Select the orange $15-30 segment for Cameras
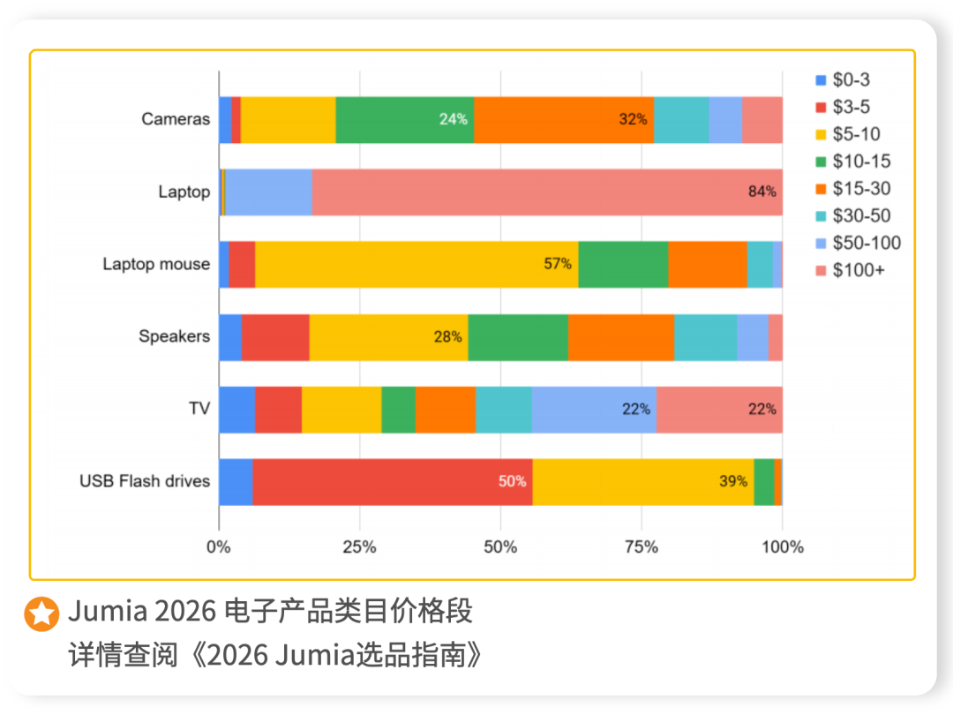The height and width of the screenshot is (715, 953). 564,119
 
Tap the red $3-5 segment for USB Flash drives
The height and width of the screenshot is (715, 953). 392,482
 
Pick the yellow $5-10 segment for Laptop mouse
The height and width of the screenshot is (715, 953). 416,264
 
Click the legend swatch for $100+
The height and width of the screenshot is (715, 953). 821,270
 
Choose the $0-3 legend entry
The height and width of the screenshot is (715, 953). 842,79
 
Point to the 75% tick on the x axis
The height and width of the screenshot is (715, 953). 642,547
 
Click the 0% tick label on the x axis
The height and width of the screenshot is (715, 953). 219,547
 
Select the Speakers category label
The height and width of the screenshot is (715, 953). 174,336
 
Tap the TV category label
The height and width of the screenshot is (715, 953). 199,409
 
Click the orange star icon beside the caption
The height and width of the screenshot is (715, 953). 41,613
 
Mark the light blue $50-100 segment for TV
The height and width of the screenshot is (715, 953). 594,410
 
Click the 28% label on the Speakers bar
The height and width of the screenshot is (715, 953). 448,336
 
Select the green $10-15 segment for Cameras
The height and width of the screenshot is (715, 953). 405,119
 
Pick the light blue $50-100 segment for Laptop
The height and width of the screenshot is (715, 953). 268,192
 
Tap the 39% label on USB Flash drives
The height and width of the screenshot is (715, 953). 733,482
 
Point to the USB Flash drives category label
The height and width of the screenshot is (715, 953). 145,481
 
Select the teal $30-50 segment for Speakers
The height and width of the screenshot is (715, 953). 705,336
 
